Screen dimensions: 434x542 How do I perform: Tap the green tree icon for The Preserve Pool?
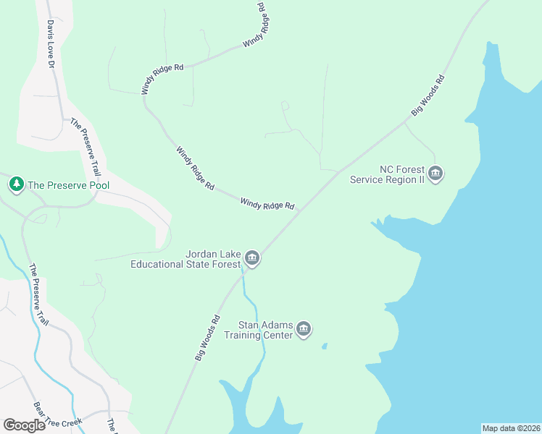(16, 184)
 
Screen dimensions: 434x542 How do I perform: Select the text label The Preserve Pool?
(68, 185)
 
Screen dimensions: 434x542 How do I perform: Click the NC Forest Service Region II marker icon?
(435, 174)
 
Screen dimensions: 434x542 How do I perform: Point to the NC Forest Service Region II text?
(387, 174)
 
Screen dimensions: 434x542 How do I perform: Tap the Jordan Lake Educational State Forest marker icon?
(251, 258)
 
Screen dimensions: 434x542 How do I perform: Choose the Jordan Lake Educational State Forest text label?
(185, 259)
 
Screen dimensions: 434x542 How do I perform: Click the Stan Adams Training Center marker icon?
(304, 329)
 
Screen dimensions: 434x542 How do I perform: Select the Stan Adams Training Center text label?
(259, 330)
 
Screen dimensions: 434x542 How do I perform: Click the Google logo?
(25, 425)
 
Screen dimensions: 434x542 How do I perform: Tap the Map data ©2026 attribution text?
(511, 427)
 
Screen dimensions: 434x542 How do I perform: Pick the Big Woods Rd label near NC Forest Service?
(428, 95)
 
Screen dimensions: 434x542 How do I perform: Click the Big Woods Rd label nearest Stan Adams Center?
(207, 338)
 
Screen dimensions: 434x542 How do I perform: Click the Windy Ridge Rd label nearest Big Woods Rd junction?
(267, 205)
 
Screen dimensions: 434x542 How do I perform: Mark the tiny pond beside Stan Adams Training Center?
(324, 346)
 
